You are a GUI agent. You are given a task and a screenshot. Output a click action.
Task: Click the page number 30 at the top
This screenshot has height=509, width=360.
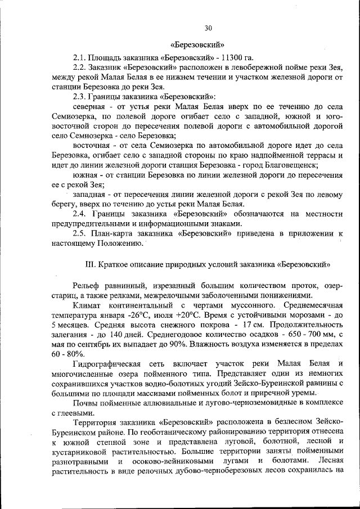(208, 28)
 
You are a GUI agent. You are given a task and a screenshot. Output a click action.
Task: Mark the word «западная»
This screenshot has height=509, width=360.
(88, 194)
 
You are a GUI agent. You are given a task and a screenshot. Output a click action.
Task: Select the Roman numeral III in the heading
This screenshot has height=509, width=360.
(89, 263)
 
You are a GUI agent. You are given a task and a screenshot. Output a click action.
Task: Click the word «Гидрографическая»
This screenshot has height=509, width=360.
(107, 363)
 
